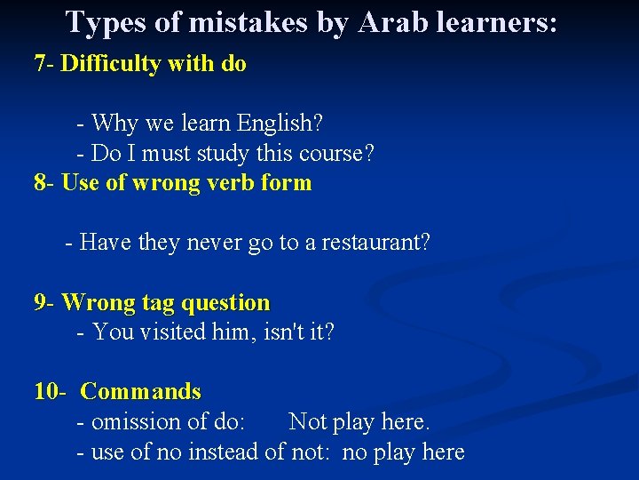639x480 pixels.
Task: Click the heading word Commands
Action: click(140, 392)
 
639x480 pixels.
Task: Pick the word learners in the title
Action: click(484, 22)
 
